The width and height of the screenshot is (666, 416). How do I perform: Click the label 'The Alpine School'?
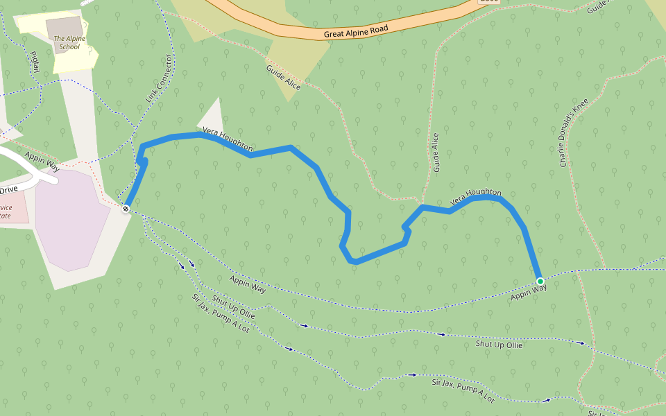tap(69, 43)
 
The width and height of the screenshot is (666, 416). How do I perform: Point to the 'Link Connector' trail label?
tap(158, 80)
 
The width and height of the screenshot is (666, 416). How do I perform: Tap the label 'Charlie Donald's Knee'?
tap(574, 132)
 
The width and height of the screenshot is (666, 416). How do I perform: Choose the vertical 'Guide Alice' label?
tap(436, 153)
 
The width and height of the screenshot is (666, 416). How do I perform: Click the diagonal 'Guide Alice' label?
tap(283, 77)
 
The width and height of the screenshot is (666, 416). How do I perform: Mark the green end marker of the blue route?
tap(540, 281)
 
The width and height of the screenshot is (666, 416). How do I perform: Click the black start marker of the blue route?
tap(126, 209)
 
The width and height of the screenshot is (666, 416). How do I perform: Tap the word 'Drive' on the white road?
tap(8, 189)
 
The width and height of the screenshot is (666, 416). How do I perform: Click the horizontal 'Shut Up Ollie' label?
tap(499, 345)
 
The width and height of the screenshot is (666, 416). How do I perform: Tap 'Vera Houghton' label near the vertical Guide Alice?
tap(475, 197)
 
